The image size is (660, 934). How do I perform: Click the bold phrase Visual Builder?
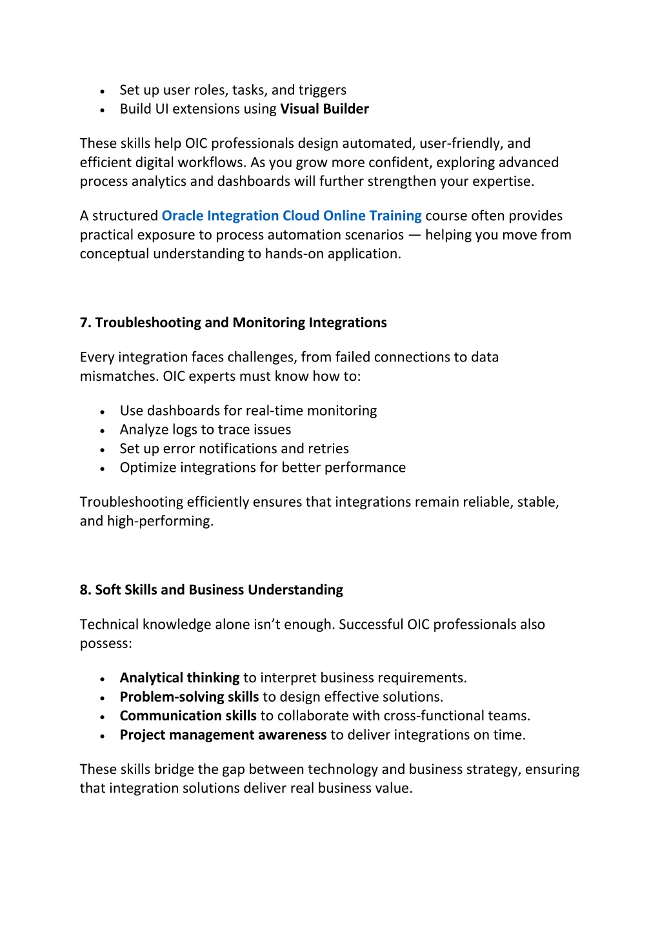[x=325, y=109]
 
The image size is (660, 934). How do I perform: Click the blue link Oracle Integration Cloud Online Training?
[x=291, y=216]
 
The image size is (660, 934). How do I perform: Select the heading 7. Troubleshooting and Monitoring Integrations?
[x=233, y=323]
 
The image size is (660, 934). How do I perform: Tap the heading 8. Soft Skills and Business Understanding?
[x=211, y=590]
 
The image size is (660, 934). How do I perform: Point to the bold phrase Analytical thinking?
[x=179, y=678]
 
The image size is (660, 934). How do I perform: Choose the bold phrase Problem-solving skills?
[x=189, y=697]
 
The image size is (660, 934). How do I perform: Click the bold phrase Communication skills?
[x=188, y=716]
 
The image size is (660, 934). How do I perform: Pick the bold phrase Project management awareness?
[x=223, y=735]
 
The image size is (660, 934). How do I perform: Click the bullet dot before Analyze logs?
[x=103, y=431]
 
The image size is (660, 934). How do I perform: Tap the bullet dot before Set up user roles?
[x=103, y=91]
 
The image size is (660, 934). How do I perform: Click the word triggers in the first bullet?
[x=322, y=90]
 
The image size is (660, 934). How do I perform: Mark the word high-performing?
[x=159, y=522]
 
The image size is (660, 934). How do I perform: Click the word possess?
[x=105, y=644]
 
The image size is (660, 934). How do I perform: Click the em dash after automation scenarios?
[x=414, y=235]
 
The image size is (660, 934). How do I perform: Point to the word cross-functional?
[x=428, y=716]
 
